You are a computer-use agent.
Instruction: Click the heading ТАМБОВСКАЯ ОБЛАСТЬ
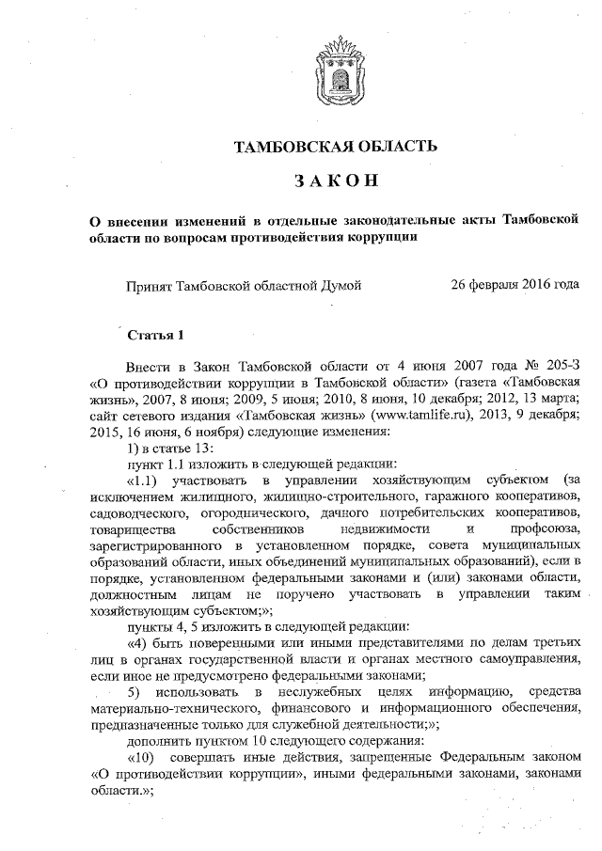(x=336, y=146)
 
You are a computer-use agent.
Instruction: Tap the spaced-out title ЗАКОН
(x=336, y=181)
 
